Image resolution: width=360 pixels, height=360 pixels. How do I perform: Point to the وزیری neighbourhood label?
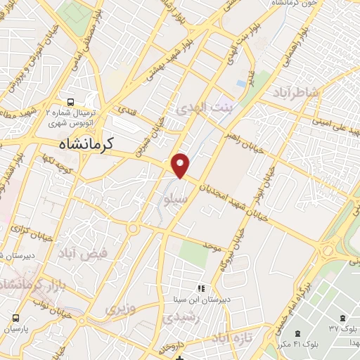point(119,307)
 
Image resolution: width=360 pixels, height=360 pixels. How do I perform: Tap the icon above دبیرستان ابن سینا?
point(201,288)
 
